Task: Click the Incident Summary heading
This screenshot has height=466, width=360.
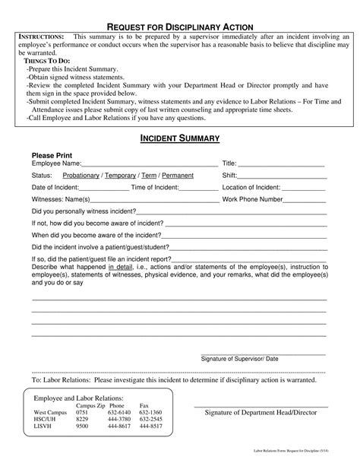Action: point(179,138)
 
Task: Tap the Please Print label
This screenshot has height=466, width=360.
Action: point(52,154)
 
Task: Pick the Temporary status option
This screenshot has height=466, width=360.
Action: point(126,176)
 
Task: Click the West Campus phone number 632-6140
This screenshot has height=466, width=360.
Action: point(120,412)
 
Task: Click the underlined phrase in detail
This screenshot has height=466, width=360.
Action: point(120,268)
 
